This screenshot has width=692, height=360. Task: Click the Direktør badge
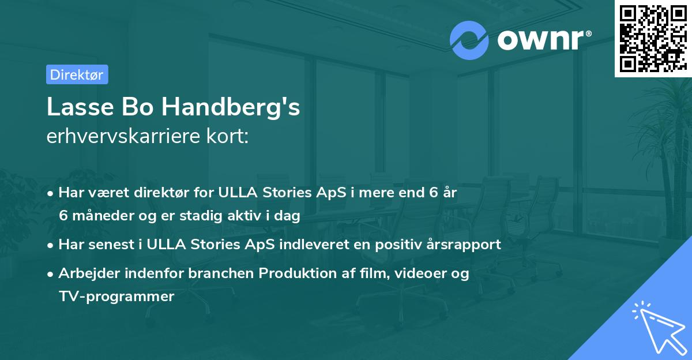click(x=77, y=74)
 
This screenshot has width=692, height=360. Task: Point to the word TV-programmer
click(x=116, y=297)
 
